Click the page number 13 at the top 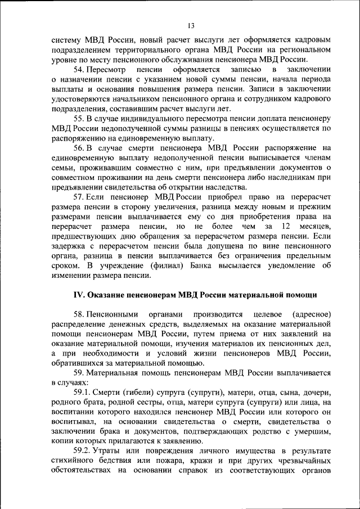(191, 26)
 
